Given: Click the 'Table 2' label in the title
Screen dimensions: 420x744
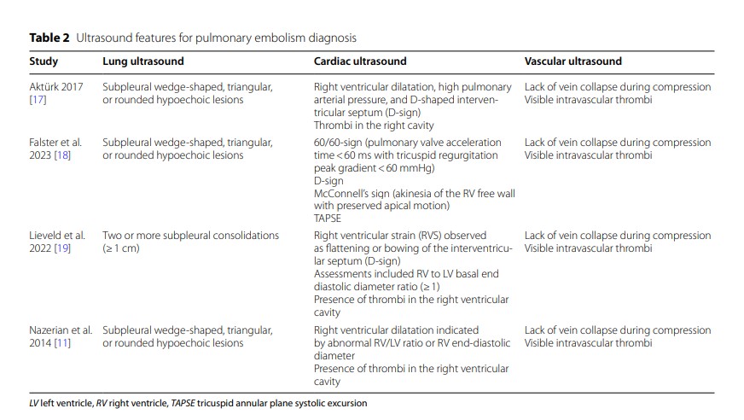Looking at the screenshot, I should [49, 38].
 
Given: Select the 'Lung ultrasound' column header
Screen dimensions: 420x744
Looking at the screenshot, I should [142, 61].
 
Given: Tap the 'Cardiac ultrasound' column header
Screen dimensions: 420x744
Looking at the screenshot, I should [360, 61].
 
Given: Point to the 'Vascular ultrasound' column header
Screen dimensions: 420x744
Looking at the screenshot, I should [573, 61].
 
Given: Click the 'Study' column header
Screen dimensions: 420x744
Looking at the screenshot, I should [44, 61].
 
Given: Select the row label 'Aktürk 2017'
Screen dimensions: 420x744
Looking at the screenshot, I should [56, 87].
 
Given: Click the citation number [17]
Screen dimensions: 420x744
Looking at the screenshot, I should [38, 100].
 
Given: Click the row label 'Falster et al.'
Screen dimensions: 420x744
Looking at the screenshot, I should [56, 143].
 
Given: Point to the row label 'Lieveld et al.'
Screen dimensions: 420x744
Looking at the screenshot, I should [58, 236].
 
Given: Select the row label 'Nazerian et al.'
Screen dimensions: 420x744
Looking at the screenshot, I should [62, 330].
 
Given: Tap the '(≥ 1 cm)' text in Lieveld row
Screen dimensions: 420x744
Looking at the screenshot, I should [121, 248].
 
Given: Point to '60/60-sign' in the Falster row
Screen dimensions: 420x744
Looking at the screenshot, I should [337, 143].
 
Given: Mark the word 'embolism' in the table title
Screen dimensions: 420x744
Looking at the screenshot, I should [282, 38].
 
